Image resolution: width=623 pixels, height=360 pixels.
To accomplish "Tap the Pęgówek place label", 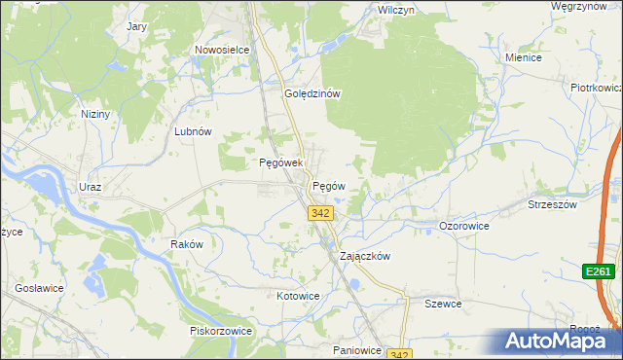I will coord(281,162).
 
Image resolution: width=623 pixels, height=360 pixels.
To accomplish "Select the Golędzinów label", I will coord(311,94).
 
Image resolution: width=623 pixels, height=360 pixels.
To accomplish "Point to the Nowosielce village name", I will coord(223,50).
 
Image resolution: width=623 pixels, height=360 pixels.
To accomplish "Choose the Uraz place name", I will coord(90,187).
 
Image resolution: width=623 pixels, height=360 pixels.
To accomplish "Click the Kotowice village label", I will coord(298,296).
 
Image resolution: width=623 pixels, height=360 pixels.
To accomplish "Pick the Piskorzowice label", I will coord(221,331).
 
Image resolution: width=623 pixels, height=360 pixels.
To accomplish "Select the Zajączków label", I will coord(364,257).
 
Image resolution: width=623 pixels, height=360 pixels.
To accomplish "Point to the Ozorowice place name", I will coord(463,225).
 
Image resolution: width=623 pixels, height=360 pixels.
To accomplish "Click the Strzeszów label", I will coord(553,205).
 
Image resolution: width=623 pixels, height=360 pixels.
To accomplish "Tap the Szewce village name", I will coord(442,304).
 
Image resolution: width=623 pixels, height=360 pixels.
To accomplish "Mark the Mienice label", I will coord(523,57).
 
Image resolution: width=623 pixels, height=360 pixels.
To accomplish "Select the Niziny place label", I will coord(95,114).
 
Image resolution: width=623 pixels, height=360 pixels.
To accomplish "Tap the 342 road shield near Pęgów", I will coord(319,212).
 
